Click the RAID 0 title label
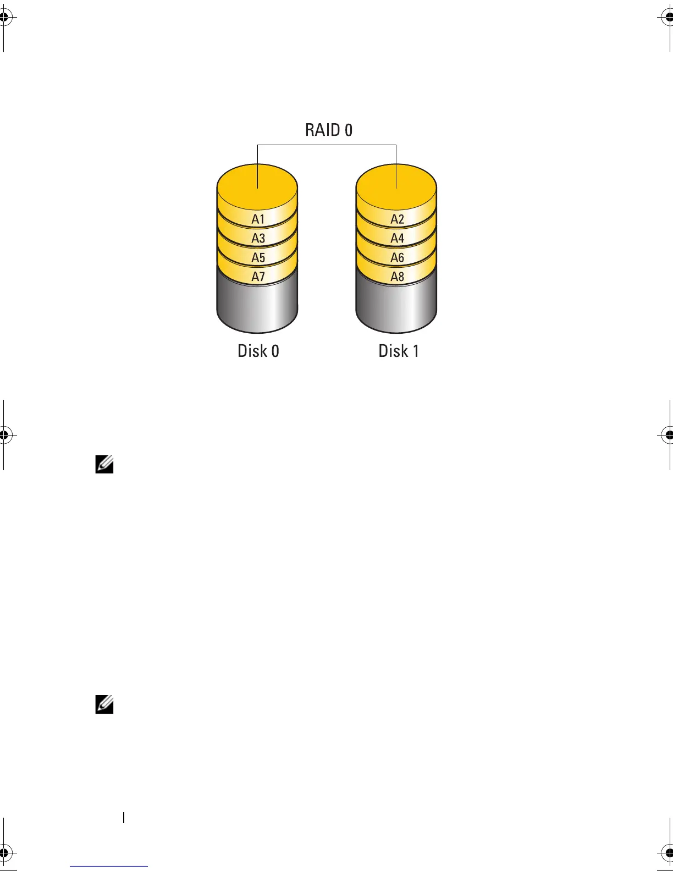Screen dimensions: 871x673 329,130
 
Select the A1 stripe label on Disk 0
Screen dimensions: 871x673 258,219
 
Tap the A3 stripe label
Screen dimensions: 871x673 258,239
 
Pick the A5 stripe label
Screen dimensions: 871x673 258,258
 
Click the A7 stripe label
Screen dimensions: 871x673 258,277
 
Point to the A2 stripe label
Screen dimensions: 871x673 397,219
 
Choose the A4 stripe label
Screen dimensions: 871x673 397,239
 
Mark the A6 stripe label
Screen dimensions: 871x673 397,258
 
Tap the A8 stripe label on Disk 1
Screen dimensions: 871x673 397,277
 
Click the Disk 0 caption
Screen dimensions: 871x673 258,351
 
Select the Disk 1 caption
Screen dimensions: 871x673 399,351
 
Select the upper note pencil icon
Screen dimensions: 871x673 104,465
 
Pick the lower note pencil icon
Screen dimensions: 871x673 104,704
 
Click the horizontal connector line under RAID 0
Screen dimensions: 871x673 327,145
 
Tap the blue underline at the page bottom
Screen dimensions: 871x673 109,866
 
